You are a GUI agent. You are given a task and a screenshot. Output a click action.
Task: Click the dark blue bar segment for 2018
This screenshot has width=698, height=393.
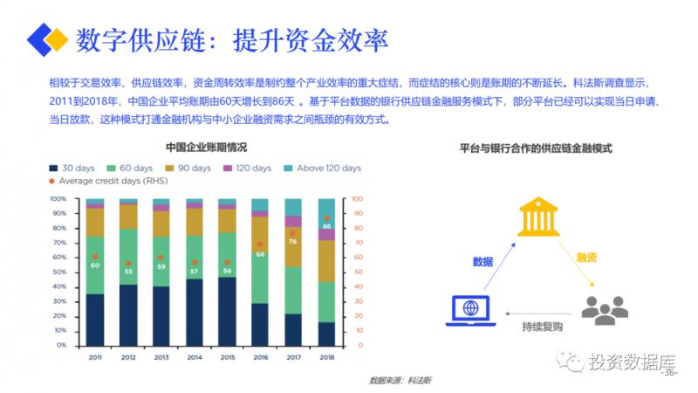(325, 334)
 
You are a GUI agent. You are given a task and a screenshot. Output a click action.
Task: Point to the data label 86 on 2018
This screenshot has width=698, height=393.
(326, 226)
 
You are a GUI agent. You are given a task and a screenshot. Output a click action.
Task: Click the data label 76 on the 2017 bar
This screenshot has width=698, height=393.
(293, 241)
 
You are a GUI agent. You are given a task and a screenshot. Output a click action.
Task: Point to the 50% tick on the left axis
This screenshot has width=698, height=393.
(58, 272)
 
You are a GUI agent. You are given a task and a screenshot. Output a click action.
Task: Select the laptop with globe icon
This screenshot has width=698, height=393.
(470, 311)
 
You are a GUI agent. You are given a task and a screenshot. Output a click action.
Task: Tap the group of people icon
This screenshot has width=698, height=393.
(605, 309)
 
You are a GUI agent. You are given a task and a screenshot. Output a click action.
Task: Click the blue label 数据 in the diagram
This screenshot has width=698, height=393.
(482, 261)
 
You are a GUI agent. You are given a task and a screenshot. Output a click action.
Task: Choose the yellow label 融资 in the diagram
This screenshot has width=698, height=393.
(586, 258)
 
